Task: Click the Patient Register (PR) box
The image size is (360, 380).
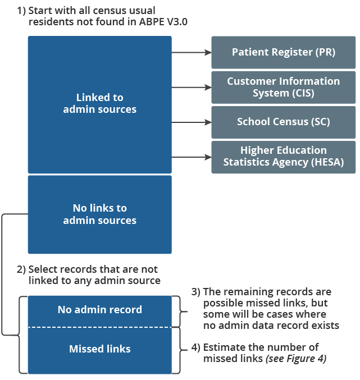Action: click(x=283, y=52)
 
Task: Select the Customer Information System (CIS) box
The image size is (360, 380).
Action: click(x=283, y=87)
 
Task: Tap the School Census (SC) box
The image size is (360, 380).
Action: click(x=283, y=122)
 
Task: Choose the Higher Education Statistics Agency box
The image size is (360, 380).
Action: click(x=283, y=157)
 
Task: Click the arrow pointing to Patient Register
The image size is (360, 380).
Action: click(x=191, y=52)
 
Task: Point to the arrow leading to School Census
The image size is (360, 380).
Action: click(x=191, y=122)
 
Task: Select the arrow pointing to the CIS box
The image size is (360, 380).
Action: click(x=191, y=87)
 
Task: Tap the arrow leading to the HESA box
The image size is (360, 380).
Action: click(x=191, y=157)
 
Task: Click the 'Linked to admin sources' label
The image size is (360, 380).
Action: click(x=99, y=104)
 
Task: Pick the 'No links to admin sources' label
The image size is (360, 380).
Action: click(x=99, y=214)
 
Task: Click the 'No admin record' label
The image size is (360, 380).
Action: click(x=99, y=309)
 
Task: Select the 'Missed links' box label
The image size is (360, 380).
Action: click(x=99, y=349)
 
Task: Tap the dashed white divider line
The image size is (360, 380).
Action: click(x=99, y=327)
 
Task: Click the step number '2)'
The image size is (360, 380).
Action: click(x=21, y=269)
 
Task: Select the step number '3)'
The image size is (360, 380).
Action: click(x=196, y=292)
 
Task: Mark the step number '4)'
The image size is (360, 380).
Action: click(x=196, y=346)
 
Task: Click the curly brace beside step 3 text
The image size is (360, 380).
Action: click(x=181, y=312)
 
